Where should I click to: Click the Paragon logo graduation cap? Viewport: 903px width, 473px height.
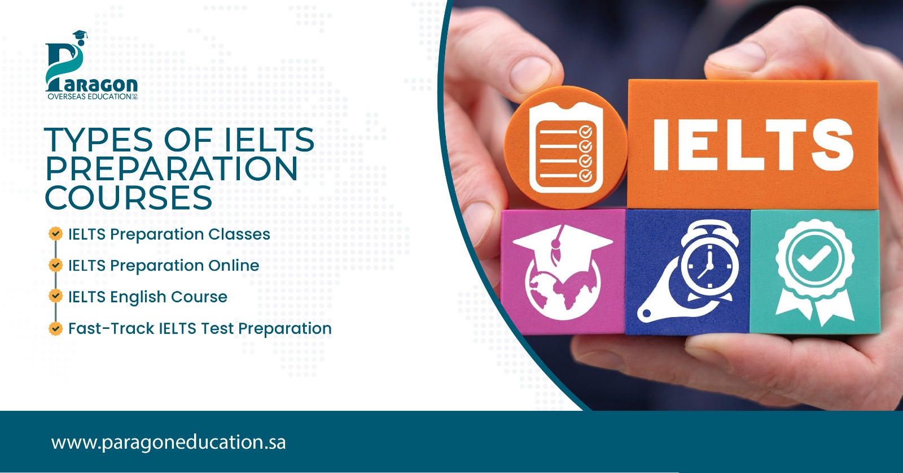tap(80, 36)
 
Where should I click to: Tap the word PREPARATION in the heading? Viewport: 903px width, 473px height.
tap(171, 169)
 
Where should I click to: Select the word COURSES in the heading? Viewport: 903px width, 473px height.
tap(129, 198)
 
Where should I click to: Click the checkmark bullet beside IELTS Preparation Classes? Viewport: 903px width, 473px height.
tap(55, 233)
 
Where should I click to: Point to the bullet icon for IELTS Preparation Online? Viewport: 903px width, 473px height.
tap(55, 264)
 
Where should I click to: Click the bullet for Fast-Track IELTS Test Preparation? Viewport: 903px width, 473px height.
tap(55, 328)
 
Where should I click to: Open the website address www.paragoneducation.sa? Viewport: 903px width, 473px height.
tap(168, 442)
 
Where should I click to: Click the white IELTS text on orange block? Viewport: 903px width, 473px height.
tap(752, 145)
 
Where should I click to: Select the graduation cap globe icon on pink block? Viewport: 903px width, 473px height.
tap(562, 272)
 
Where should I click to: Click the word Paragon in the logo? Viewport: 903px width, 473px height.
tap(97, 85)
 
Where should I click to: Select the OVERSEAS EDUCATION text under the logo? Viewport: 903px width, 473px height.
tap(89, 97)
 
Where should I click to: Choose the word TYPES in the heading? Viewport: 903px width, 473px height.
tap(99, 140)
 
